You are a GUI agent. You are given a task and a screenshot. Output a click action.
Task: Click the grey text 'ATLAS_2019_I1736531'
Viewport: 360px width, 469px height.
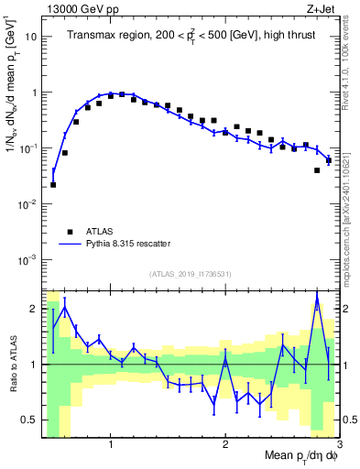191,274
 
